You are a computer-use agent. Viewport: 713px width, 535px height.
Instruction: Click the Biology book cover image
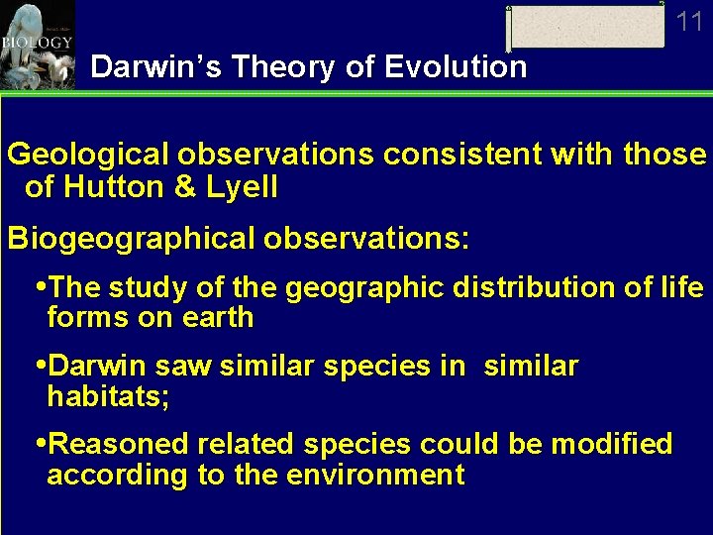38,45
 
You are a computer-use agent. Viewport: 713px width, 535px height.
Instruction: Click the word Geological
89,156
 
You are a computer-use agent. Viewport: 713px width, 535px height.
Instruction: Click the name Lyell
244,186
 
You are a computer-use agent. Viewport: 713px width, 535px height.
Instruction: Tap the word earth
225,318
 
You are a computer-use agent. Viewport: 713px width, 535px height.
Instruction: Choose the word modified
611,444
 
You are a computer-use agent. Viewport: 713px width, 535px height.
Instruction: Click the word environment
375,475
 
